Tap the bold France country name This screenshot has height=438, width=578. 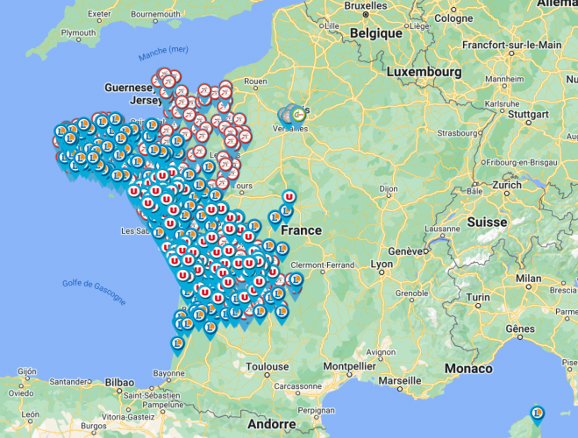300,230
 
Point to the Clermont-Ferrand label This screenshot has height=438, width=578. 323,265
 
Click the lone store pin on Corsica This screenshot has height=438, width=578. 538,413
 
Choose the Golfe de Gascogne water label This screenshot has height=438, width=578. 94,291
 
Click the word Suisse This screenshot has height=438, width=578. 487,223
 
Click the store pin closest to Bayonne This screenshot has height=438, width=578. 178,344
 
